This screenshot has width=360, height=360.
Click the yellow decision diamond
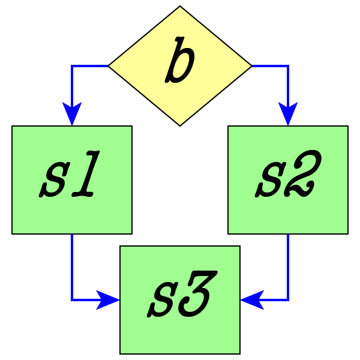(180, 90)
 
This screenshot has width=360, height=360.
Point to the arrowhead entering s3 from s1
(109, 299)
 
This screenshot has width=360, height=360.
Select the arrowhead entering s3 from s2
(251, 299)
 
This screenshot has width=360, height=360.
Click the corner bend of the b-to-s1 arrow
(72, 66)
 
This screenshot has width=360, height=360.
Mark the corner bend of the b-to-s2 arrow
(288, 66)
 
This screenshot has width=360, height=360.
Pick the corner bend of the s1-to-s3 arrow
(72, 299)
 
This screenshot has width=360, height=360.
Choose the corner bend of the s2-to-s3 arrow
(288, 299)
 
